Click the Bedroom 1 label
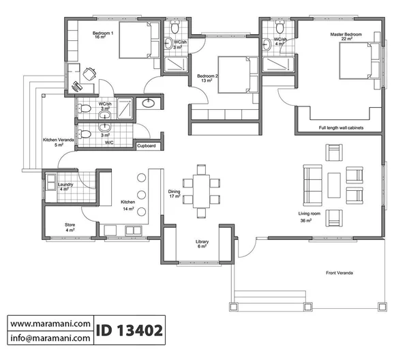point(103,33)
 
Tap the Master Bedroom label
point(346,34)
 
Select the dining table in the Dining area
point(201,191)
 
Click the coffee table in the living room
point(334,185)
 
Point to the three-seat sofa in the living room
point(312,185)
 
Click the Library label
point(202,241)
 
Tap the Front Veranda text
point(339,273)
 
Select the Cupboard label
point(147,146)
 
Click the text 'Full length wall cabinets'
point(341,127)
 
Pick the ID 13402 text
point(130,330)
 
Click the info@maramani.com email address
point(50,338)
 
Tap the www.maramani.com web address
point(50,324)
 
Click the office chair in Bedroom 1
point(89,74)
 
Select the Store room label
point(70,224)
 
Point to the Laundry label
point(65,185)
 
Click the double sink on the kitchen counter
point(134,230)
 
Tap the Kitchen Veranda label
point(59,140)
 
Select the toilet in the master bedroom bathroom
point(280,27)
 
